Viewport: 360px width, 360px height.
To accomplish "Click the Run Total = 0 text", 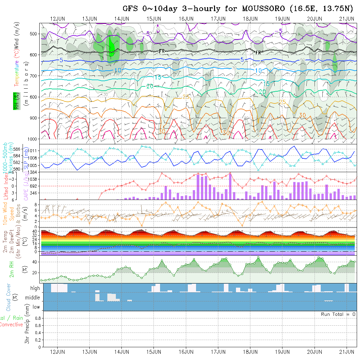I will pos(338,314).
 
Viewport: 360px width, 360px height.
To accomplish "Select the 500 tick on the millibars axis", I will pos(34,34).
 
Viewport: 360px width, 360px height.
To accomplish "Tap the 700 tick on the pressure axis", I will pos(34,76).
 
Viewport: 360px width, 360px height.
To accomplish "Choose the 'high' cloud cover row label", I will pos(35,288).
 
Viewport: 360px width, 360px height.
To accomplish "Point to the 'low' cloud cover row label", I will pos(36,307).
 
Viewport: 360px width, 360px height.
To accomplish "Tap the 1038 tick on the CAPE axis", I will pos(33,179).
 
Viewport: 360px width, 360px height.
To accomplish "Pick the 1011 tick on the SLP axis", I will pos(34,151).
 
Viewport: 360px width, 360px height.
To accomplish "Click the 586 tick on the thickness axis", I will pos(18,149).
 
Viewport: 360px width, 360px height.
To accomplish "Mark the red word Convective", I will pos(11,325).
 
